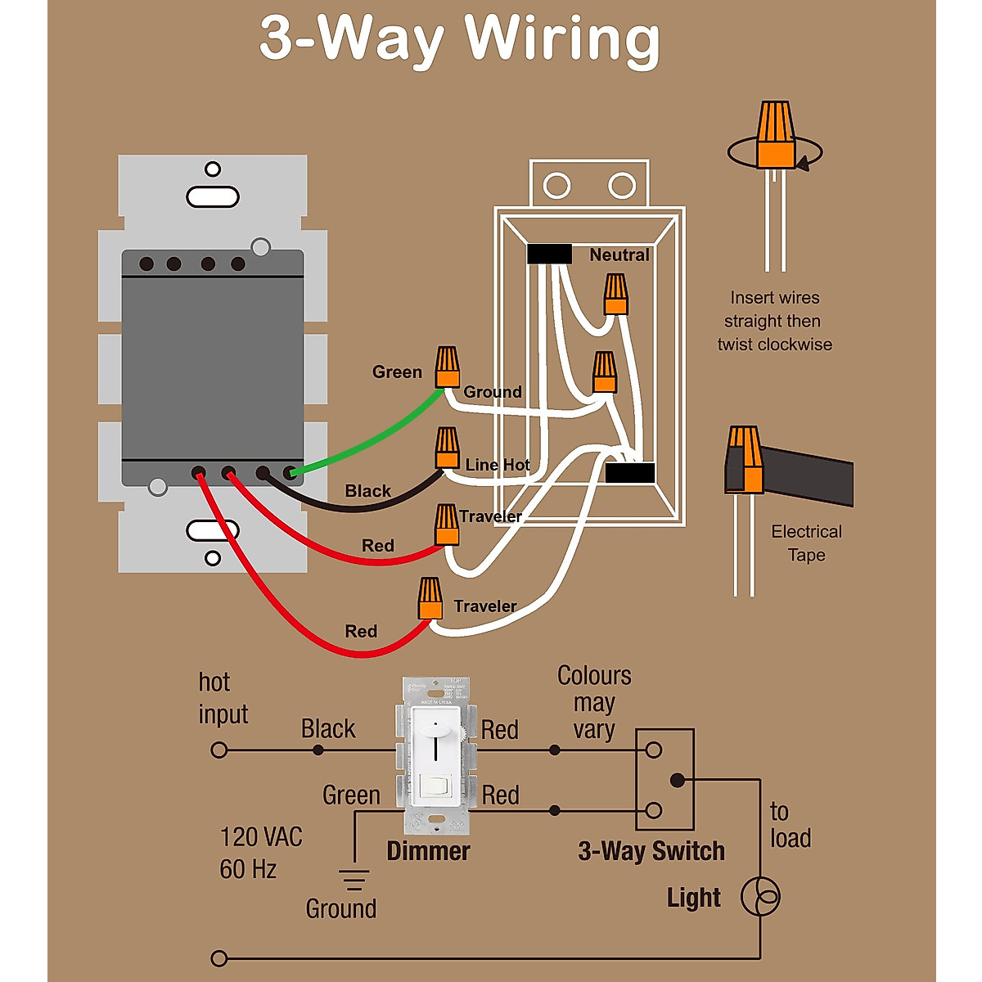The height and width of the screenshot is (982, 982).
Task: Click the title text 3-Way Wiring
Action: (459, 39)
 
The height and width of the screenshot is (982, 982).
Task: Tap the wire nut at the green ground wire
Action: (447, 367)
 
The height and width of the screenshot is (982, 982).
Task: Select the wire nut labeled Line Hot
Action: (447, 448)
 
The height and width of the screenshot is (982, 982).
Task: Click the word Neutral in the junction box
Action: (619, 255)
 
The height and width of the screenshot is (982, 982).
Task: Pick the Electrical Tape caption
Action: (806, 543)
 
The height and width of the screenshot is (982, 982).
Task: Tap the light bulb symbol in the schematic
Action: (760, 897)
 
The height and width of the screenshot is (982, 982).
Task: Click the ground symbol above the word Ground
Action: (354, 879)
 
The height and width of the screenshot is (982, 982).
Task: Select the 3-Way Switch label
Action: (651, 851)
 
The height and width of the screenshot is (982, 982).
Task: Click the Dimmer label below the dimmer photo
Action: (428, 851)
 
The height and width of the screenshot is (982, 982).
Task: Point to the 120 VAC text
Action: (261, 837)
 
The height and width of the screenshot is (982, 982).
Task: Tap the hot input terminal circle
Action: (219, 750)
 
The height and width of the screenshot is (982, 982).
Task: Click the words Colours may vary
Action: (594, 702)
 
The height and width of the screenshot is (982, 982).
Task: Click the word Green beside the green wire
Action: (397, 372)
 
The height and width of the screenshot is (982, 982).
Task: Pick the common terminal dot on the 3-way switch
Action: (678, 781)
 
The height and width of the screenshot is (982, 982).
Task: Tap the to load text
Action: (790, 825)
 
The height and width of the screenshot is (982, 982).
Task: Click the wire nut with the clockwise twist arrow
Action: (776, 134)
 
